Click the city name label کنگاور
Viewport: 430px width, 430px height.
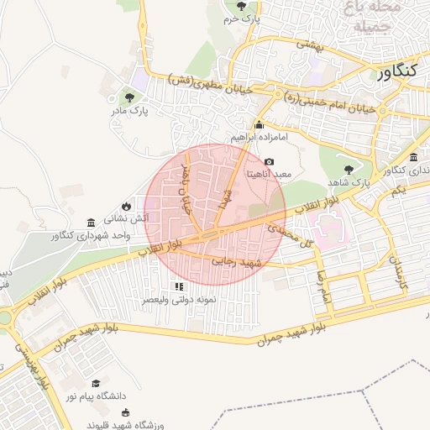[x=392, y=72]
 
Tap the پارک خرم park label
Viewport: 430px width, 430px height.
[x=242, y=18]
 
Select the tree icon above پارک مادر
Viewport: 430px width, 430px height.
[x=128, y=97]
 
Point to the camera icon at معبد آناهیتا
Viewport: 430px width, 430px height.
[x=269, y=161]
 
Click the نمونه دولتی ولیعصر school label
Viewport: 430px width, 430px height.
[x=178, y=299]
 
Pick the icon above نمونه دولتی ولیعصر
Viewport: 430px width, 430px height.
[x=177, y=286]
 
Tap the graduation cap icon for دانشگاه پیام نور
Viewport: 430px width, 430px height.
[x=95, y=383]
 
